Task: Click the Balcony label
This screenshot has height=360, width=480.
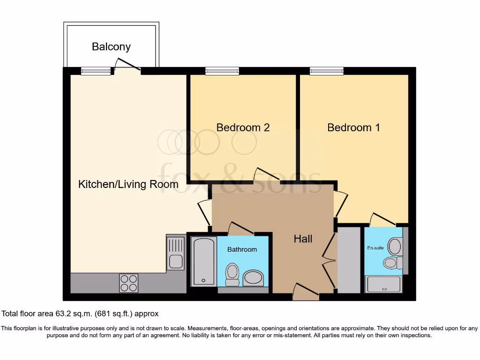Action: coord(111,47)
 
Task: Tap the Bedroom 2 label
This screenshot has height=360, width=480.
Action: coord(243,127)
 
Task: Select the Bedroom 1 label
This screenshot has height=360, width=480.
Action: coord(353,127)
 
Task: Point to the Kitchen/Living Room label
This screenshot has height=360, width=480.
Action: coord(128,184)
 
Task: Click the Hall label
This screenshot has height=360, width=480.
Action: coord(303,239)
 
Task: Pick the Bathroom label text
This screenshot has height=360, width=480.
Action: coord(242,249)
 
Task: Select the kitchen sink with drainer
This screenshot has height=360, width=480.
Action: coord(176,253)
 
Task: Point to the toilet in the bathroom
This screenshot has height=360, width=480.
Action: coord(232,275)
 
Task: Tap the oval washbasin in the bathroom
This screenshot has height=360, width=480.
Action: coord(254,277)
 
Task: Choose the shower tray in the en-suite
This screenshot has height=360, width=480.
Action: coord(383,284)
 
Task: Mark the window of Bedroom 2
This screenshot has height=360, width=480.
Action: coord(222,71)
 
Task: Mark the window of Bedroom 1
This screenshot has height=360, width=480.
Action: coord(327,71)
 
